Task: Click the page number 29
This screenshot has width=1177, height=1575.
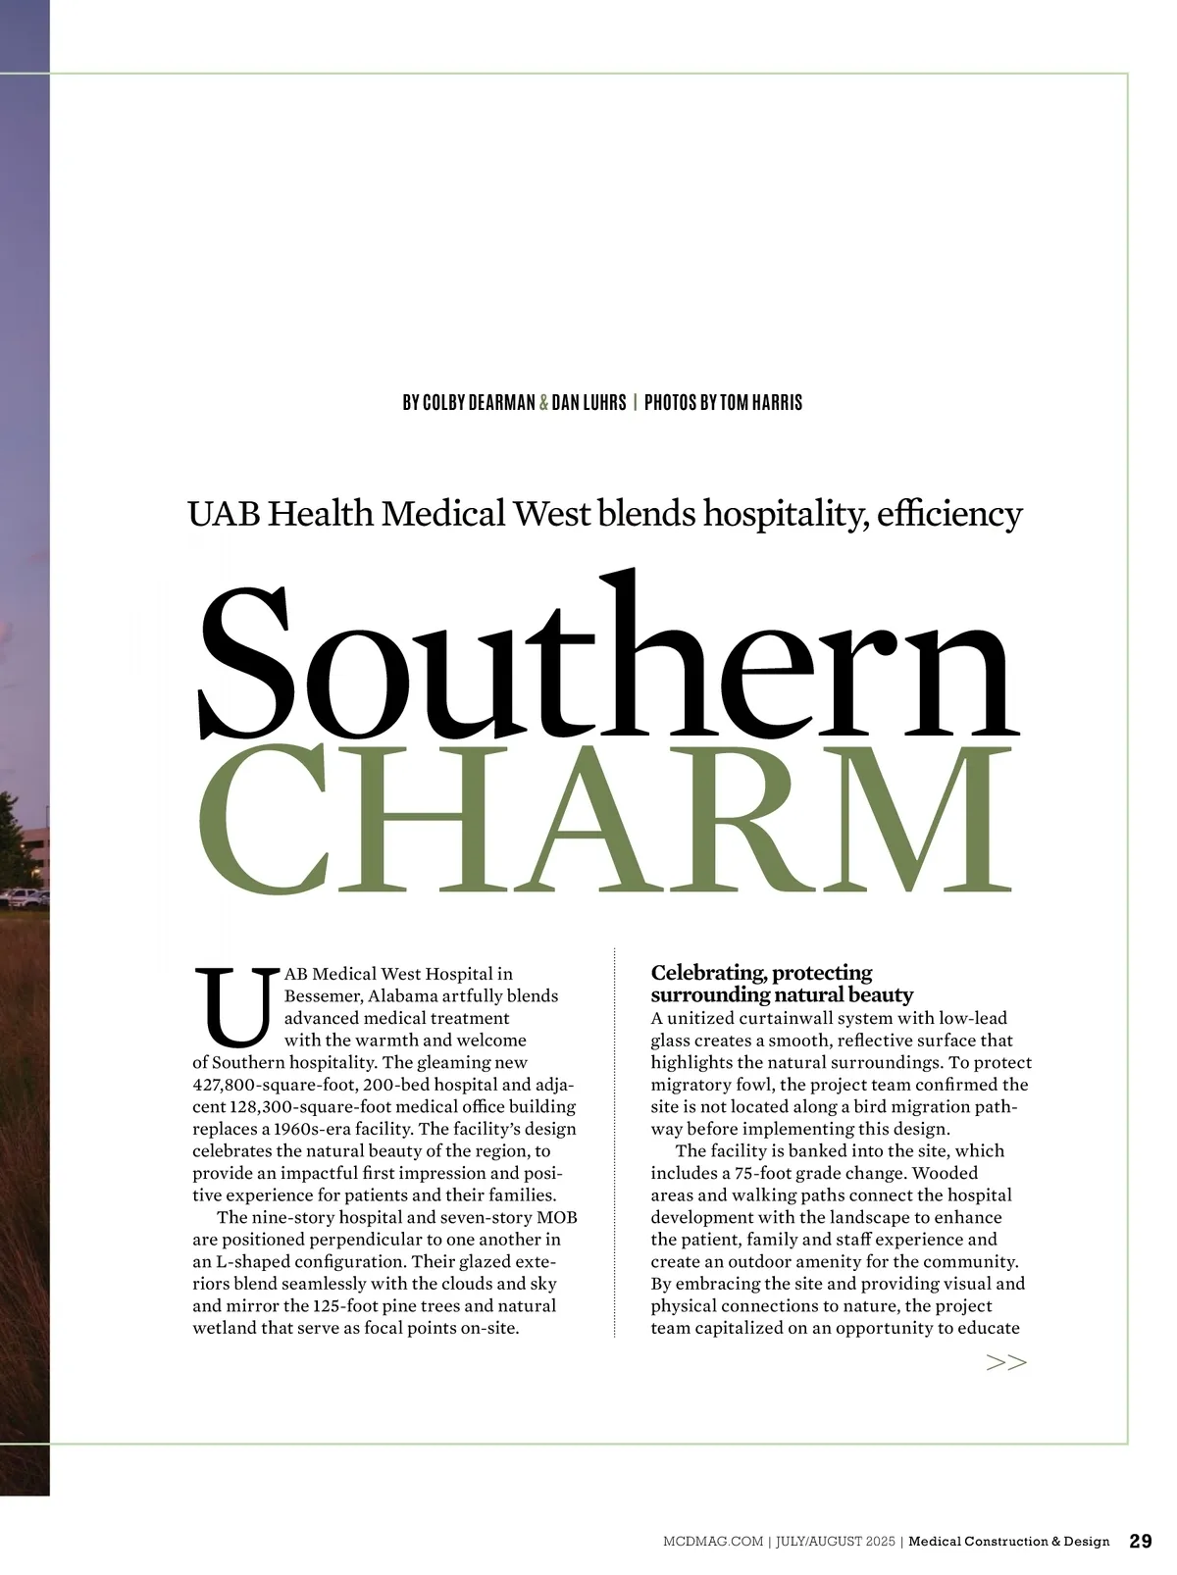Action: coord(1141,1541)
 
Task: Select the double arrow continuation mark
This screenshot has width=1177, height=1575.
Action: coord(1006,1362)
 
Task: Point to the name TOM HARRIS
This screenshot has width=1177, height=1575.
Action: coord(761,403)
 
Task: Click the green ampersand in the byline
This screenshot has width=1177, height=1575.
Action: coord(543,403)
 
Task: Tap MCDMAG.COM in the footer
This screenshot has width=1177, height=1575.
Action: coord(713,1542)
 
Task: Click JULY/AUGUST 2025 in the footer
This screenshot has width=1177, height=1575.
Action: coord(835,1542)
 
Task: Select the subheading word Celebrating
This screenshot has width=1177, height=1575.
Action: coord(707,973)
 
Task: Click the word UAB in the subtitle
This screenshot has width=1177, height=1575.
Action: coord(224,514)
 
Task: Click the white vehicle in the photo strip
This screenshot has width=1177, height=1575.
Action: coord(24,896)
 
